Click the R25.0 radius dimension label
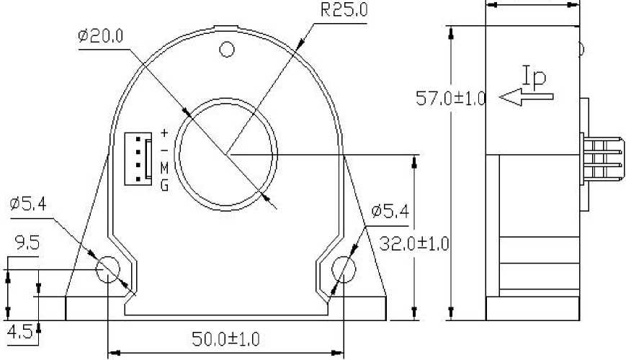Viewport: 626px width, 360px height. (x=344, y=10)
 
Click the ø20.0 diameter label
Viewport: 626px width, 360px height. (x=101, y=36)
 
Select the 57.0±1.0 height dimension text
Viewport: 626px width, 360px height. (x=451, y=98)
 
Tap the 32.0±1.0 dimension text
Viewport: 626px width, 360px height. (x=414, y=243)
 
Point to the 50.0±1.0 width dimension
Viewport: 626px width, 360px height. (x=225, y=339)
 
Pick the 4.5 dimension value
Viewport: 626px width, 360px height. (x=20, y=332)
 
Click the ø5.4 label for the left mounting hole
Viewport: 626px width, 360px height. (x=28, y=204)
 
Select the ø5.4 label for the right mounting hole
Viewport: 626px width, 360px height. (x=390, y=211)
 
